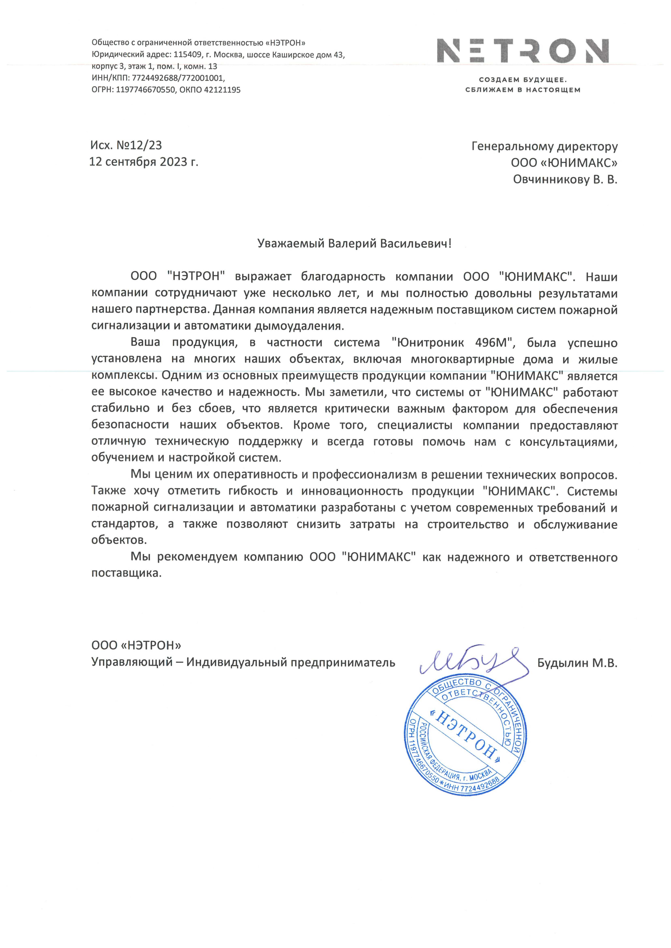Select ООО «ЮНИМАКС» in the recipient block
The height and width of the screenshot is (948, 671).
pos(564,163)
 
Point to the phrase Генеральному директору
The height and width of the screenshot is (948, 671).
pos(545,147)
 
